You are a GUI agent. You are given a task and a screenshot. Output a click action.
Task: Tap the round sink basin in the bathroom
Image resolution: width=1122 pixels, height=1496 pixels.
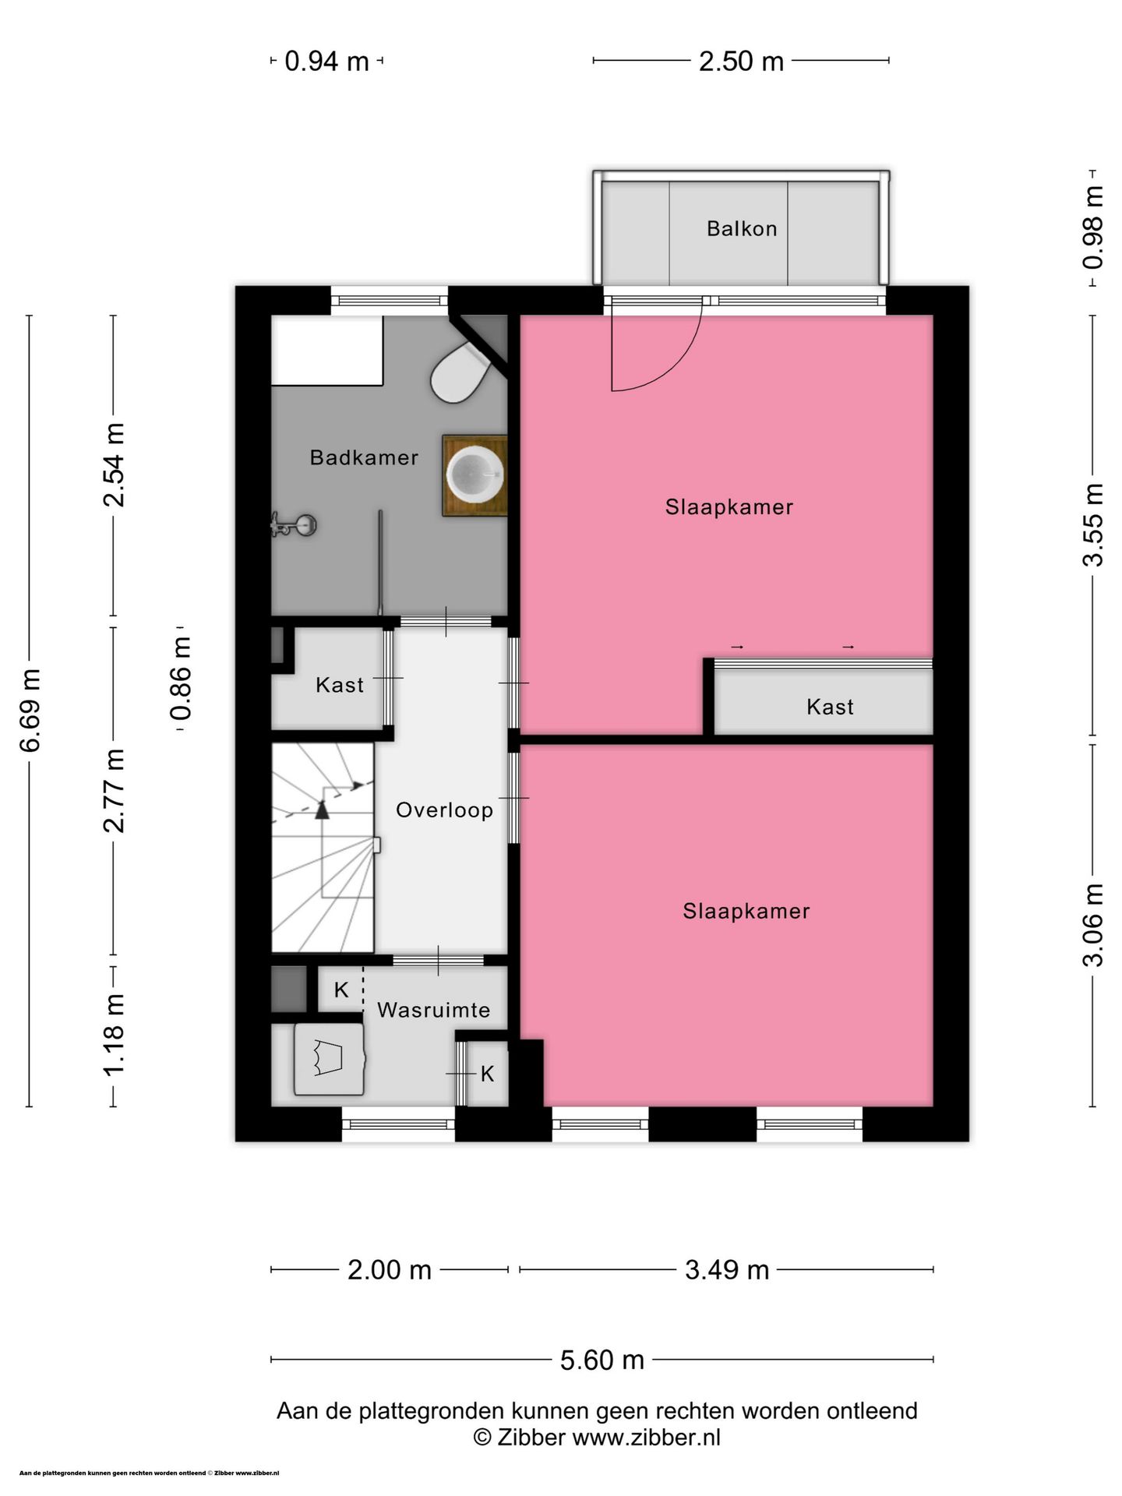pyautogui.click(x=475, y=475)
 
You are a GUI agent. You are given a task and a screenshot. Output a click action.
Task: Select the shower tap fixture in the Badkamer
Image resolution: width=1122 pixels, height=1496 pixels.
pyautogui.click(x=293, y=525)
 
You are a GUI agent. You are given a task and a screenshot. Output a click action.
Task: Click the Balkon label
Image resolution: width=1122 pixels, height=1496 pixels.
pyautogui.click(x=742, y=228)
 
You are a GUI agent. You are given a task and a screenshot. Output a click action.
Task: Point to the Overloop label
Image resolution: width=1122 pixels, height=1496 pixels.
pyautogui.click(x=445, y=810)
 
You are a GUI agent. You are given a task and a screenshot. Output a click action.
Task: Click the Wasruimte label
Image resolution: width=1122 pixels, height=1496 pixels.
pyautogui.click(x=434, y=1010)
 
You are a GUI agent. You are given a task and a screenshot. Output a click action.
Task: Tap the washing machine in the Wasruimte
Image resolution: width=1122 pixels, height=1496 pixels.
pyautogui.click(x=329, y=1059)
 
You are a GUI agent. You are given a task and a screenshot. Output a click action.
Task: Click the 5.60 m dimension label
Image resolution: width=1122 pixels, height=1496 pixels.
pyautogui.click(x=602, y=1360)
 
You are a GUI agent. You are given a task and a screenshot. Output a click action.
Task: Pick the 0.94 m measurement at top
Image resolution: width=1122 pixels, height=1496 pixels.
pyautogui.click(x=326, y=61)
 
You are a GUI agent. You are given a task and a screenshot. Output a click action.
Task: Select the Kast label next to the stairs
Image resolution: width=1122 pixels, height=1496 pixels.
pyautogui.click(x=340, y=685)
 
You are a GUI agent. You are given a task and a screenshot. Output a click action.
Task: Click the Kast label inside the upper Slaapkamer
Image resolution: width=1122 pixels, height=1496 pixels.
pyautogui.click(x=830, y=707)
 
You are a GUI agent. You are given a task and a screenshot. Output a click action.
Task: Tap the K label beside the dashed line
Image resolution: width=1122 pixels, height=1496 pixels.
pyautogui.click(x=341, y=990)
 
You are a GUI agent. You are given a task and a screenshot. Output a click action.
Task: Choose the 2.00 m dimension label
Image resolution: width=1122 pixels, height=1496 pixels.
pyautogui.click(x=389, y=1270)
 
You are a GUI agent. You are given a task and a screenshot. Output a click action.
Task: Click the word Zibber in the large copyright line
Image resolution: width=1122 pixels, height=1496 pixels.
pyautogui.click(x=530, y=1437)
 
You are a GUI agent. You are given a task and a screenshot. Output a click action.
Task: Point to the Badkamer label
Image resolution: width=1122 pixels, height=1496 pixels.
pyautogui.click(x=364, y=457)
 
